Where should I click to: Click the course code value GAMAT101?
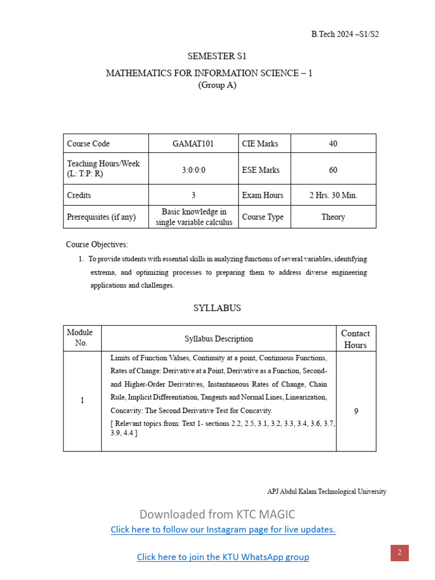(193, 144)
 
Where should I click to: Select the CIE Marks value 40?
(333, 144)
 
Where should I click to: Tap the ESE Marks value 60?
(333, 170)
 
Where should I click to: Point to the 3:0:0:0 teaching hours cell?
(193, 170)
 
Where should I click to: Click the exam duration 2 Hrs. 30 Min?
(333, 195)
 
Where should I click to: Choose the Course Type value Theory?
(333, 217)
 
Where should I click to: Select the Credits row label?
(79, 195)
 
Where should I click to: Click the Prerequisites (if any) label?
(101, 217)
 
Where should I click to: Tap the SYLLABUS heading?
(217, 308)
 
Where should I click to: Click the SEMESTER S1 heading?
(217, 57)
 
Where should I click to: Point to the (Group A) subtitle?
(217, 86)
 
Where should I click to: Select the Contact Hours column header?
(355, 339)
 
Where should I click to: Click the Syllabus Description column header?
(219, 339)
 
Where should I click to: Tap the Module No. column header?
(80, 338)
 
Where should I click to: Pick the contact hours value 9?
(356, 411)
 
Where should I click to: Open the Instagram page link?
(223, 530)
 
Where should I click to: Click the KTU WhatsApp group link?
(223, 557)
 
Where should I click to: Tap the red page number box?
(399, 553)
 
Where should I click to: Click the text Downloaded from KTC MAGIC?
(217, 514)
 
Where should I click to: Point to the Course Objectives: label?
(97, 245)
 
